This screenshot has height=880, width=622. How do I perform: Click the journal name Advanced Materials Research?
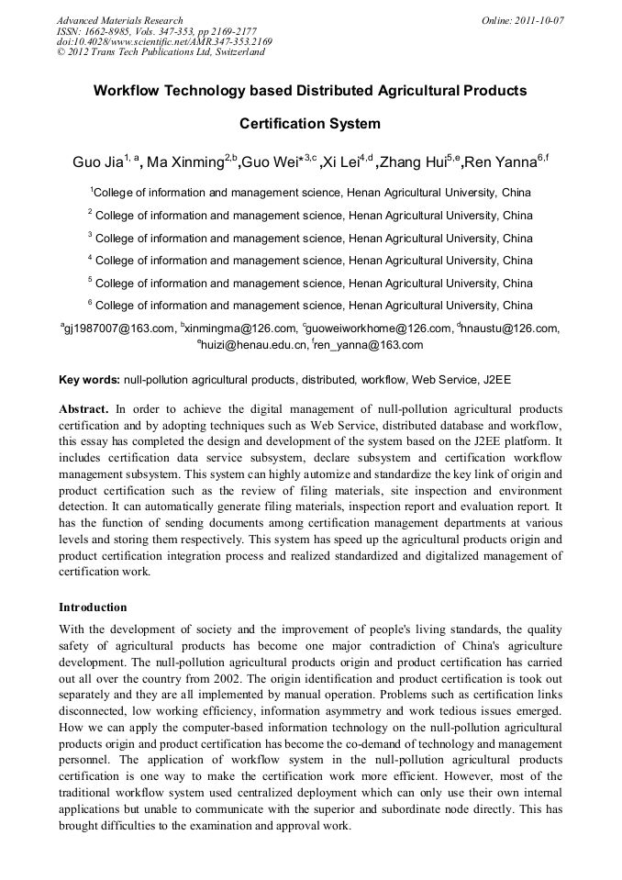point(119,20)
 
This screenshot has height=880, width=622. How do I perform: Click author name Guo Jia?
point(96,163)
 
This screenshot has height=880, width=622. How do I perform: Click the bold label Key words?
point(89,378)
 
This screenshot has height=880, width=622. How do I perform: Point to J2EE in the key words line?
point(495,378)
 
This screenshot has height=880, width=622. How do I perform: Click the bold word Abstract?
point(83,408)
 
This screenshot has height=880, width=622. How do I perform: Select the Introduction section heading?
point(93,607)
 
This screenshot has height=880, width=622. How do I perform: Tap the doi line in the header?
point(164,41)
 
